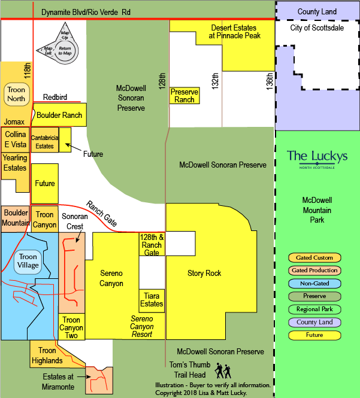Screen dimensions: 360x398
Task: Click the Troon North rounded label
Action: click(x=17, y=94)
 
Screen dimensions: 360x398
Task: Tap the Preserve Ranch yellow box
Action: click(x=184, y=95)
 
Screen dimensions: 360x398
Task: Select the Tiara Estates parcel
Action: click(x=152, y=301)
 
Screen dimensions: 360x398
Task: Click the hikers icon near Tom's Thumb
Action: click(x=223, y=370)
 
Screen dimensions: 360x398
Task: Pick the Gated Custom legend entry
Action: click(x=314, y=257)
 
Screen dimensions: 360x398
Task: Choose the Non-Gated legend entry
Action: click(x=314, y=284)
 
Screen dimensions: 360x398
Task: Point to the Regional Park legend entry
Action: click(x=314, y=309)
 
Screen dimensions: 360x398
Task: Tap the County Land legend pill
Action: click(x=314, y=322)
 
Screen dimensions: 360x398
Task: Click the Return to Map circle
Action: click(x=65, y=51)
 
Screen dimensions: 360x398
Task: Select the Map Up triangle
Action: click(x=65, y=32)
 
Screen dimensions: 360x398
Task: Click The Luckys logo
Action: click(x=317, y=159)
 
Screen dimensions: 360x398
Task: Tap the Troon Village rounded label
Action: click(x=28, y=261)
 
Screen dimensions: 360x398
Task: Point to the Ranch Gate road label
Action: click(x=102, y=214)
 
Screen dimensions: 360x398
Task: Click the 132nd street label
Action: click(x=215, y=81)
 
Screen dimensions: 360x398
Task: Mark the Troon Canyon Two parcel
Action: click(x=71, y=327)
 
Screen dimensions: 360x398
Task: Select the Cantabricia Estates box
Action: click(x=45, y=140)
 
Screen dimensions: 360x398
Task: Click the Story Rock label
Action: click(x=204, y=273)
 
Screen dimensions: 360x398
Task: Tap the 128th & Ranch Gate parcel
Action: click(x=152, y=244)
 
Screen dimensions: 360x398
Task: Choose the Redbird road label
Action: click(x=55, y=97)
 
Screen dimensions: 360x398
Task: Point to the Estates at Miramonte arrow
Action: click(x=84, y=376)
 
